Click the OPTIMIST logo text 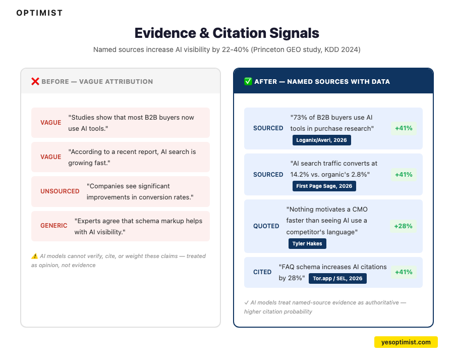coord(39,13)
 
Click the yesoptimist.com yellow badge coord(406,342)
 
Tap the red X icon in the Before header coord(35,81)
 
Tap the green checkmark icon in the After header coord(248,81)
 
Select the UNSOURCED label coord(60,191)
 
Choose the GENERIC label coord(54,226)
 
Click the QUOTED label coord(266,226)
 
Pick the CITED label coord(262,272)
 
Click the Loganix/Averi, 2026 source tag coord(321,140)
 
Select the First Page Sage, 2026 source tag coord(324,186)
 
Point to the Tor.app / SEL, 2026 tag coord(337,278)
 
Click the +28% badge coord(404,226)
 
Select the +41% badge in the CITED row coord(404,272)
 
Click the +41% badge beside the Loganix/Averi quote coord(404,128)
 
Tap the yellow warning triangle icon coord(34,256)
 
